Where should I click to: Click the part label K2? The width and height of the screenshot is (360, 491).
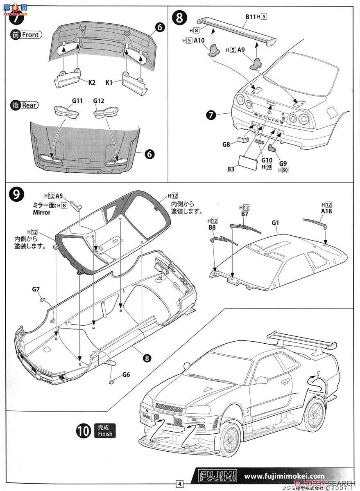[x=92, y=82]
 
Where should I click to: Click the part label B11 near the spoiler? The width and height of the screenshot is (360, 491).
[x=251, y=17]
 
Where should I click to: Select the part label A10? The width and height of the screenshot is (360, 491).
[x=199, y=40]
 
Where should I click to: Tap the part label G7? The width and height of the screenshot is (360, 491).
[x=36, y=289]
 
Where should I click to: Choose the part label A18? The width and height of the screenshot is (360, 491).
[x=326, y=211]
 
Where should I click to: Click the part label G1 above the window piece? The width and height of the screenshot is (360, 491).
[x=275, y=223]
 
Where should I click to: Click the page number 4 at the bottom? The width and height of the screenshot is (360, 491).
[x=179, y=483]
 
